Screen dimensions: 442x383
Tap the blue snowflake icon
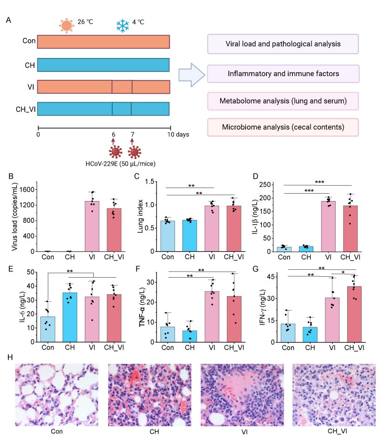(123, 25)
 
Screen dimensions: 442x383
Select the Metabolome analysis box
(283, 101)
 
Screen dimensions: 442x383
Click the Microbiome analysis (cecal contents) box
(283, 127)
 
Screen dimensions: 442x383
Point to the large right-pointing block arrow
(191, 74)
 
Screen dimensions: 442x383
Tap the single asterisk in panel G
(343, 273)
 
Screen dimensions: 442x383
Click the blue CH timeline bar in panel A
(103, 65)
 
